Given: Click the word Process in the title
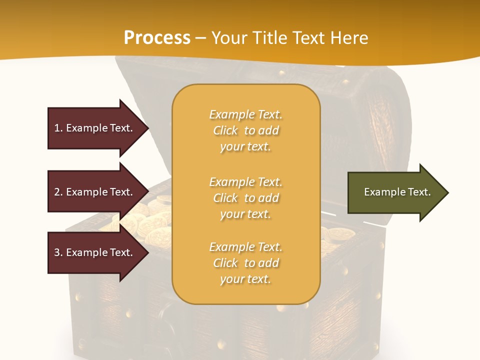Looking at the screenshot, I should [157, 38].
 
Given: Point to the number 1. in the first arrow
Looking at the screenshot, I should [58, 128].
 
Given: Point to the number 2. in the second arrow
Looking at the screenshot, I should [58, 192].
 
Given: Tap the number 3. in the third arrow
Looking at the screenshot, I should [58, 252].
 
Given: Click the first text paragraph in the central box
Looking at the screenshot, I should [245, 130].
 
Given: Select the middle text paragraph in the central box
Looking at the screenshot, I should [245, 198].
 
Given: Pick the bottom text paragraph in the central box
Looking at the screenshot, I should [245, 263].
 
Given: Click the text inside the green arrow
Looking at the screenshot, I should [397, 192].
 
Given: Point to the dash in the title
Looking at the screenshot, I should [200, 38].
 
